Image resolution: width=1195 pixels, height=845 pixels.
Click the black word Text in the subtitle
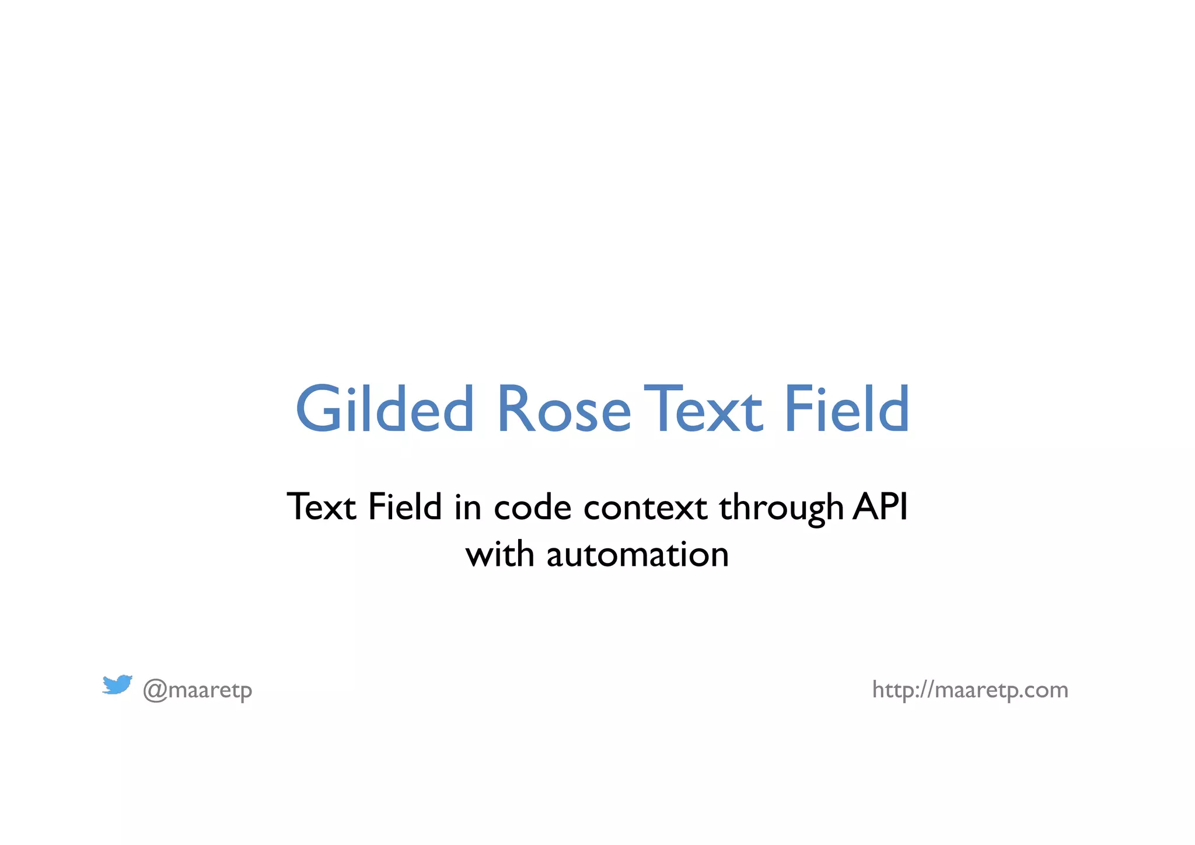click(322, 506)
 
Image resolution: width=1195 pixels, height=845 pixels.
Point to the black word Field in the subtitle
click(404, 506)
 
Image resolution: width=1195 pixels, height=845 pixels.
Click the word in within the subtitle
click(468, 506)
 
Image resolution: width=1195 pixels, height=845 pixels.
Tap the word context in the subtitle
click(645, 506)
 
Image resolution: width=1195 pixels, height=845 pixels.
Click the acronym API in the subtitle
click(880, 506)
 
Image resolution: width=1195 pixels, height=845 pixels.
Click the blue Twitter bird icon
click(117, 684)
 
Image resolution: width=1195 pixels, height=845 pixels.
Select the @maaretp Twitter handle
click(198, 690)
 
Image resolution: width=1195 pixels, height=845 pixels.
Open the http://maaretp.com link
click(970, 690)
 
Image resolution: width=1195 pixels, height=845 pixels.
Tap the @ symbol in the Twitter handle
click(155, 690)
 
